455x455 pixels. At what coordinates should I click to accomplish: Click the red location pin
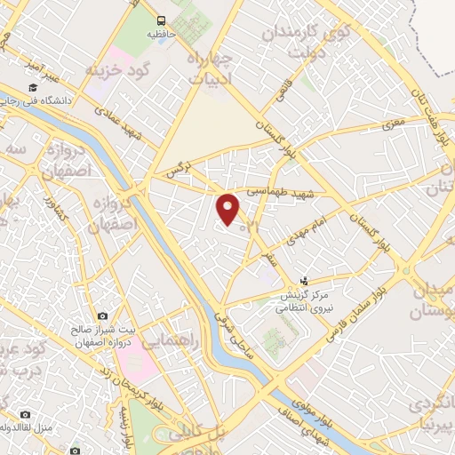[228, 209]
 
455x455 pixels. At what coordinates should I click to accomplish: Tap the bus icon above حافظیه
[161, 20]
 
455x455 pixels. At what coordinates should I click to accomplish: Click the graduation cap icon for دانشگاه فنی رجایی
[33, 87]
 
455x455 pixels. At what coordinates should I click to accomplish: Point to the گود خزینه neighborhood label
[116, 68]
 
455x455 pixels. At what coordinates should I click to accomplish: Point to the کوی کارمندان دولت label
[299, 39]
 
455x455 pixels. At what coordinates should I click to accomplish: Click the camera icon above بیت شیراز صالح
[103, 316]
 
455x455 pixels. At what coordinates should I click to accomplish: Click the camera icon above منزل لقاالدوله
[24, 414]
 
